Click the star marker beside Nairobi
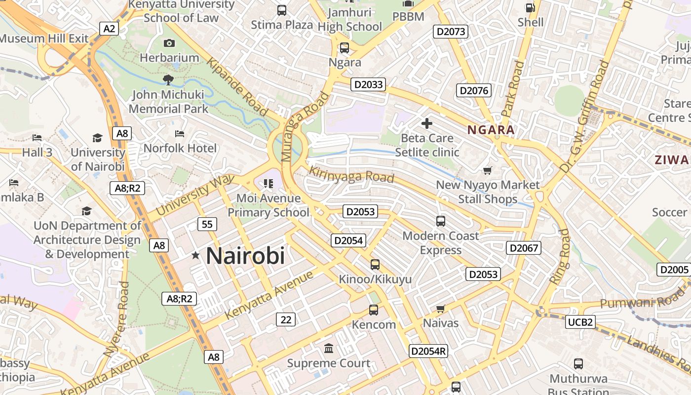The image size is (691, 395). (x=195, y=255)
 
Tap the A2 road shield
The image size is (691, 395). (x=109, y=29)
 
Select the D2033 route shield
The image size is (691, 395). (x=369, y=84)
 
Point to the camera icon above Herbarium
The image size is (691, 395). (x=169, y=43)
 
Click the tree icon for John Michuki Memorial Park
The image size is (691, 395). (x=168, y=79)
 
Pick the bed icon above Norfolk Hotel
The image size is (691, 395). (x=180, y=134)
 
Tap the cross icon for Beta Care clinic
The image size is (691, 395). (x=427, y=123)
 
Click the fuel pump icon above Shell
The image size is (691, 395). (x=530, y=8)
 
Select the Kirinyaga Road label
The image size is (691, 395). (x=351, y=175)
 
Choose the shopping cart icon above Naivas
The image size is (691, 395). (x=441, y=309)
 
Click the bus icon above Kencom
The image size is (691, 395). (x=374, y=310)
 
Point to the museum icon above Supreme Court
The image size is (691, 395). (x=329, y=349)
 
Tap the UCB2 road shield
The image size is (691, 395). (x=580, y=322)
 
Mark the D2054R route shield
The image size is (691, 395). (x=428, y=351)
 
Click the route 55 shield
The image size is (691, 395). (x=207, y=224)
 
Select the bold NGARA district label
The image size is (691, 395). (x=491, y=130)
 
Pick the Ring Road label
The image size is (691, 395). (x=560, y=256)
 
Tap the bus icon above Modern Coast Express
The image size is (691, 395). (x=441, y=221)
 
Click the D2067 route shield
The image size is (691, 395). (x=524, y=248)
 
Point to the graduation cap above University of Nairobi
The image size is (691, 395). (x=98, y=138)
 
